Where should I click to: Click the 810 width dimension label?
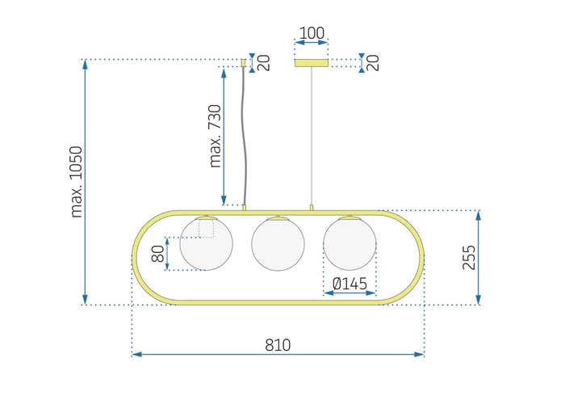(277, 345)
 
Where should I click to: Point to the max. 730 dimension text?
(215, 136)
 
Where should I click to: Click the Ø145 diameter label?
(349, 284)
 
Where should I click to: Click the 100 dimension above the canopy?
(312, 34)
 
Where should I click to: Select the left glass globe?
(206, 244)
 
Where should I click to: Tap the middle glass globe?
(278, 244)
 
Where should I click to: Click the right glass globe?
(349, 244)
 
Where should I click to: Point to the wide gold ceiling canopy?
(312, 62)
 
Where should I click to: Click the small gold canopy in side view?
(244, 62)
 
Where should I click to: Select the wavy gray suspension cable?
(244, 137)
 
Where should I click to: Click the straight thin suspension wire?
(312, 137)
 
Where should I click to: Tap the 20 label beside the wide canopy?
(373, 62)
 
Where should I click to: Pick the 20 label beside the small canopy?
(263, 62)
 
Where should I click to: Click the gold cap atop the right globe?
(349, 217)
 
